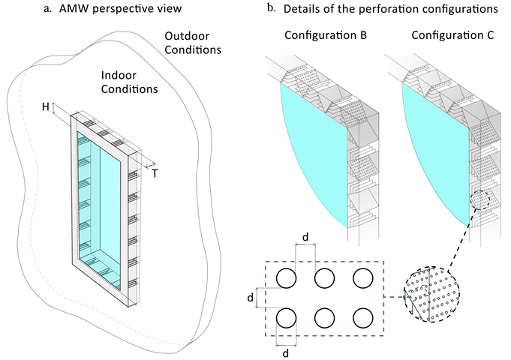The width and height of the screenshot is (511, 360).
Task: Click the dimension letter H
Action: pos(47,107)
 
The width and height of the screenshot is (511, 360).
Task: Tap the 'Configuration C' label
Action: pos(439,36)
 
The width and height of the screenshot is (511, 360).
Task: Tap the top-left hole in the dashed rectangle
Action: pos(287,277)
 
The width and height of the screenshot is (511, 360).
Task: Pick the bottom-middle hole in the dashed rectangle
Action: pos(324,318)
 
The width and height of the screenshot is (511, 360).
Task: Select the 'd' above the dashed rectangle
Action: pos(305,238)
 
